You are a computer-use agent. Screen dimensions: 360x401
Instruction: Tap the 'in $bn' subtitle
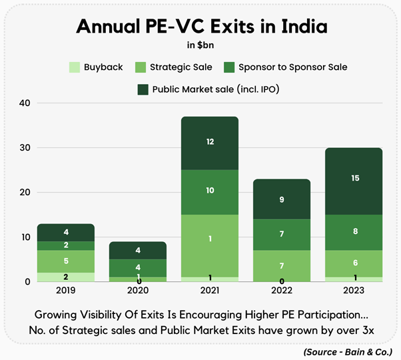[x=200, y=46]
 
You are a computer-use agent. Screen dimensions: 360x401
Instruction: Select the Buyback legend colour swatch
[x=75, y=67]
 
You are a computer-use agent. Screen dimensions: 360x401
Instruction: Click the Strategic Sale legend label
[x=173, y=67]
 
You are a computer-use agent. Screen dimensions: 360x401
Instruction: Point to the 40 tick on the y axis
[x=25, y=103]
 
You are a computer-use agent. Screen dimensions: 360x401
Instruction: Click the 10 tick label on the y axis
[x=25, y=237]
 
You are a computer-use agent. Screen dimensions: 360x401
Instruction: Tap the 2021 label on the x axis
[x=209, y=290]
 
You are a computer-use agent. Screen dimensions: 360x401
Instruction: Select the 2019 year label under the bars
[x=65, y=290]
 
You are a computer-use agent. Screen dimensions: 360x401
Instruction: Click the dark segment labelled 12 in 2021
[x=209, y=143]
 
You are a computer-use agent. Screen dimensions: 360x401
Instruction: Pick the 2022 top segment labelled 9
[x=282, y=199]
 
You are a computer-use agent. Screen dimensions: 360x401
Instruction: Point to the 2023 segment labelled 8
[x=354, y=232]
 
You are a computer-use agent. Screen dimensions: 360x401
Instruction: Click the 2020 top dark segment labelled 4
[x=137, y=250]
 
